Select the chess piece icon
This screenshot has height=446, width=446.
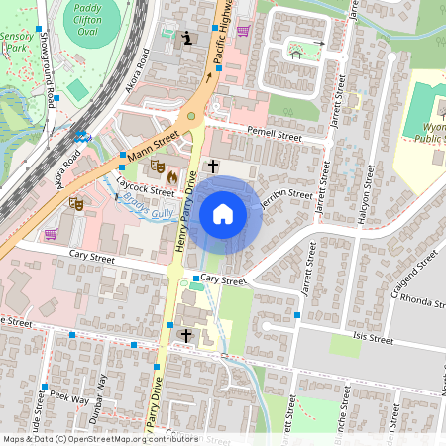click(188, 39)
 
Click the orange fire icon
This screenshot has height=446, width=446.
click(173, 175)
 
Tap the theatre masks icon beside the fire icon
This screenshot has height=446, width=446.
click(157, 168)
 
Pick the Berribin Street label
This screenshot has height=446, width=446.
click(287, 194)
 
